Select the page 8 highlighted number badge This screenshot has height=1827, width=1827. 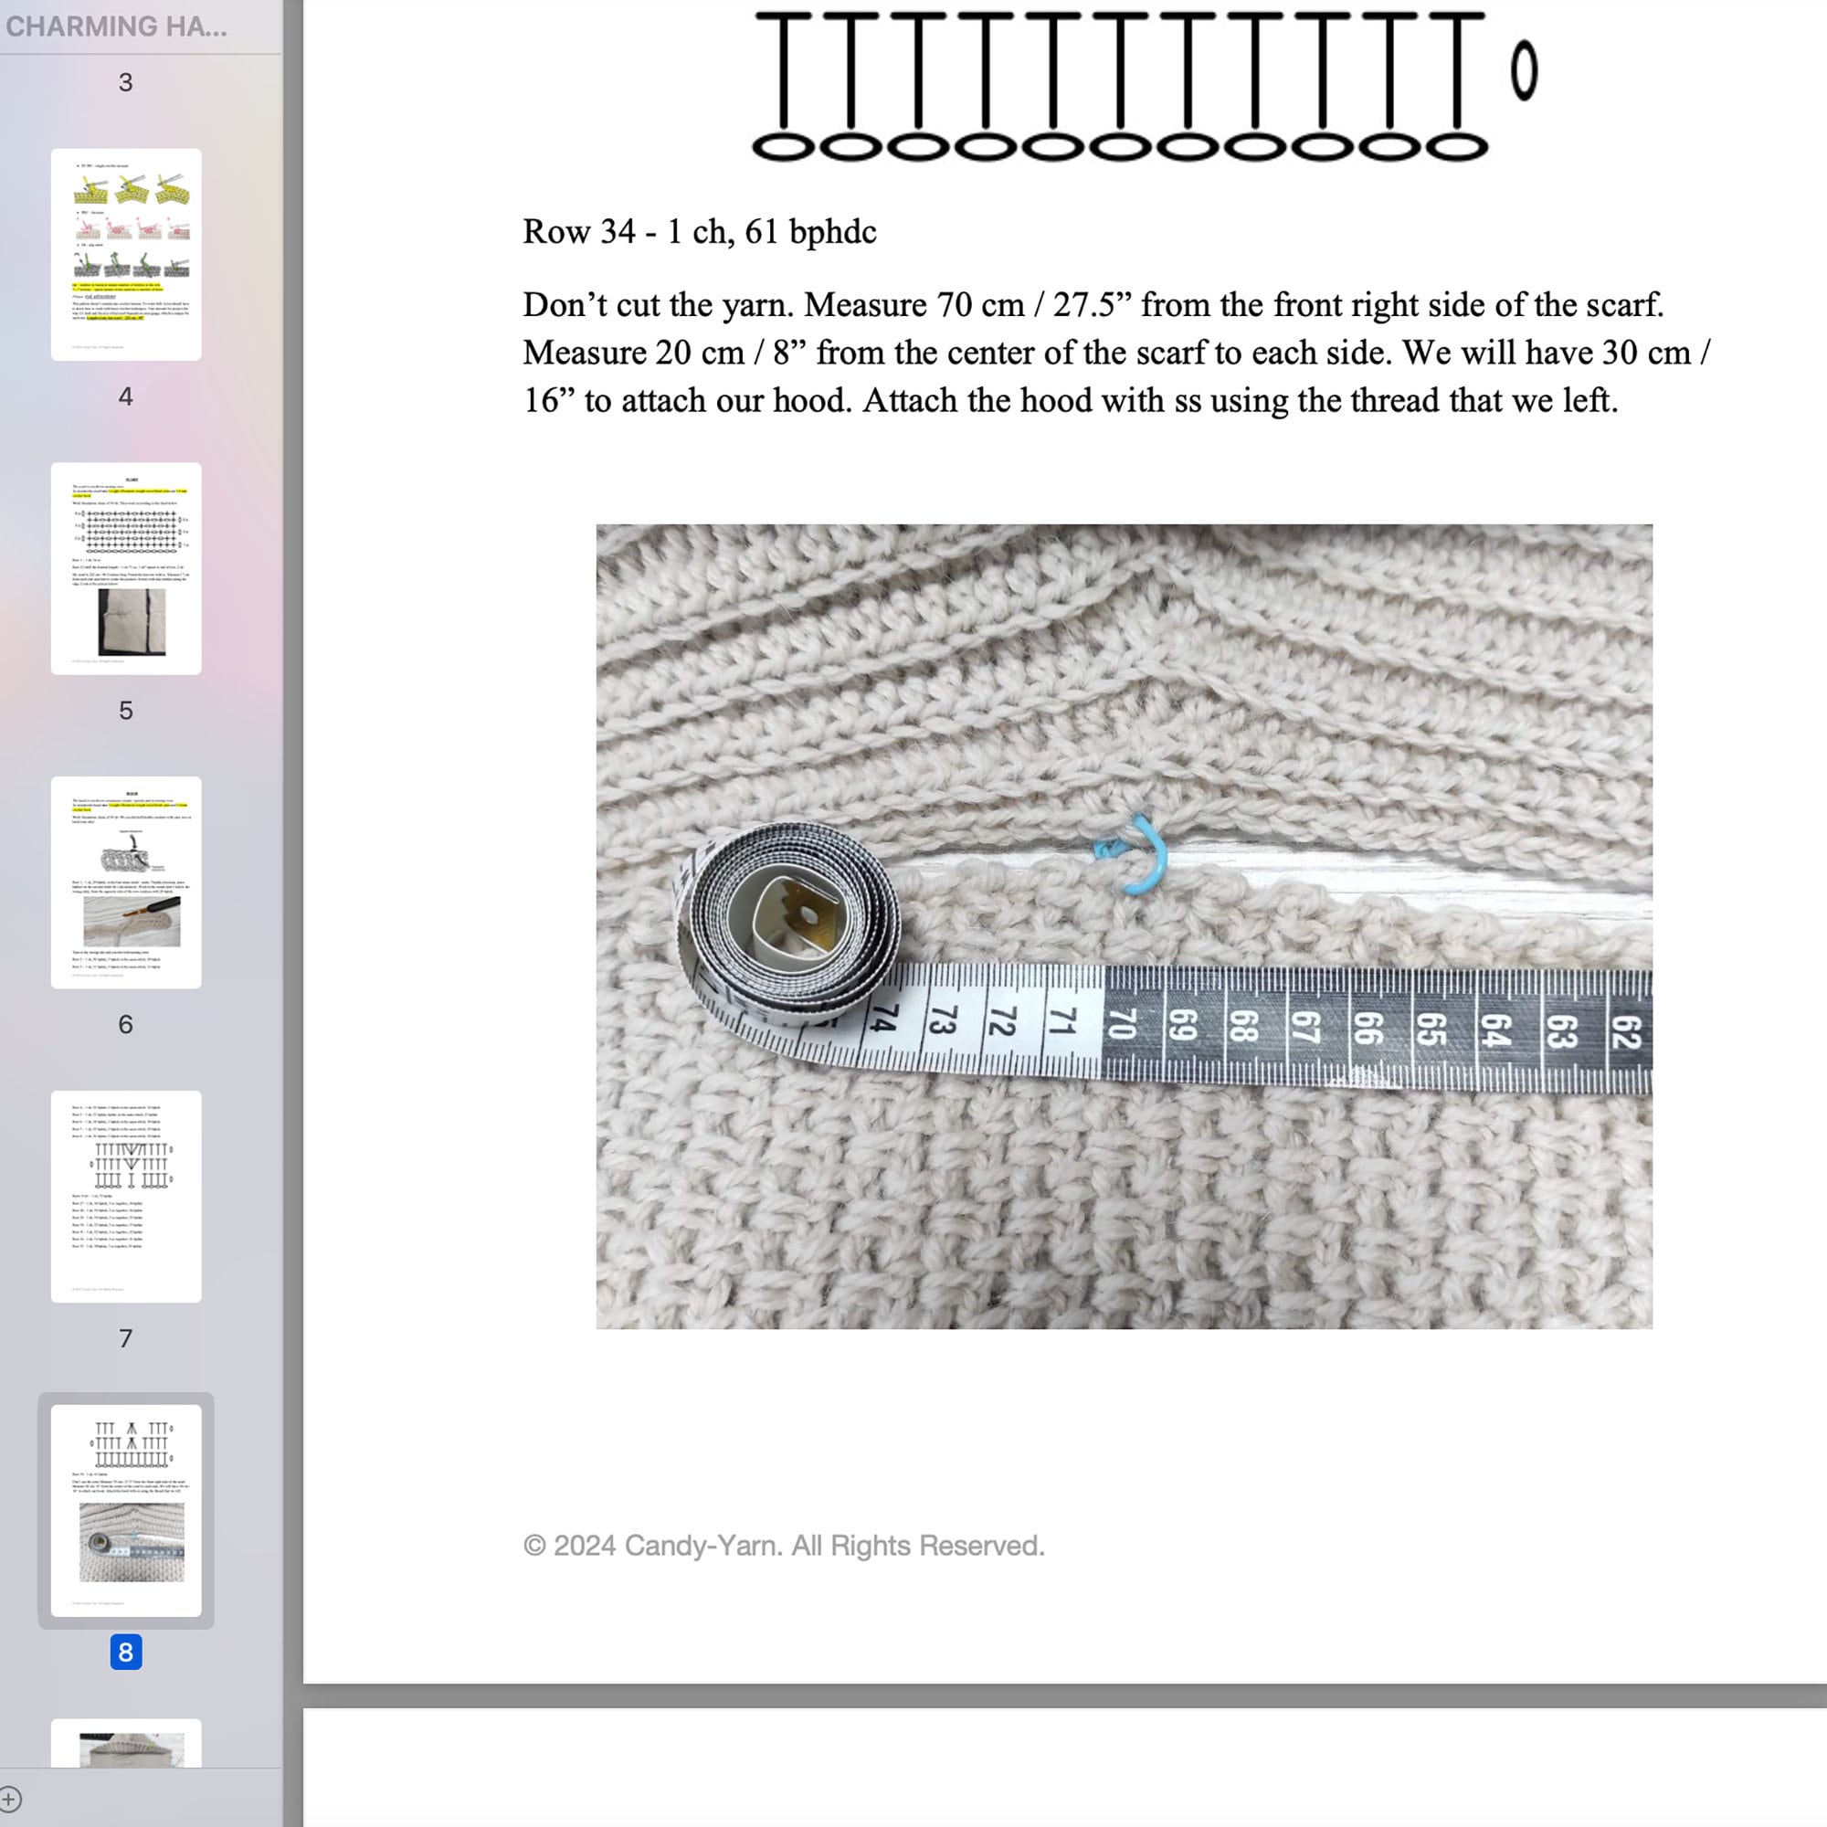tap(126, 1652)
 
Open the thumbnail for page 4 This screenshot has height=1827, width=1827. tap(126, 254)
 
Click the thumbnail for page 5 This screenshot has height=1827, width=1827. tap(126, 568)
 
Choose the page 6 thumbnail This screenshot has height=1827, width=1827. tap(126, 882)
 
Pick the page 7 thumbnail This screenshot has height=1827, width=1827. tap(126, 1197)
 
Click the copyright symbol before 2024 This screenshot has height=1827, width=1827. tap(535, 1546)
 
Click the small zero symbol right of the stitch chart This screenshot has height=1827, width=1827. tap(1524, 71)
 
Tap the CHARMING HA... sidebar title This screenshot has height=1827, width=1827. tap(116, 26)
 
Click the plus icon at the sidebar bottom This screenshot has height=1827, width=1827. tap(10, 1799)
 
